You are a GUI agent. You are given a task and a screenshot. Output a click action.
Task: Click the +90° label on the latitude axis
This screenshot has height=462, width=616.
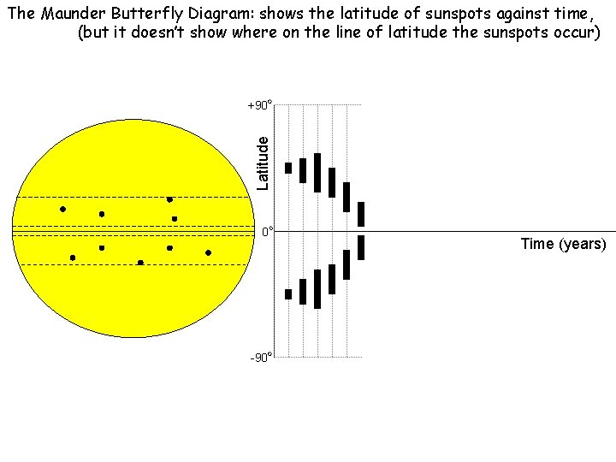pyautogui.click(x=259, y=106)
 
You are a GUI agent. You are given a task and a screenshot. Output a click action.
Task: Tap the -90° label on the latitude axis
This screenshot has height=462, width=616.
pyautogui.click(x=261, y=357)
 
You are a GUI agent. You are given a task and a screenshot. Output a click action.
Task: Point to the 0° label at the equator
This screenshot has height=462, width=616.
pyautogui.click(x=267, y=232)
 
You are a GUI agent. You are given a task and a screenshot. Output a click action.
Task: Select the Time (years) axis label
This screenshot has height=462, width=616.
pyautogui.click(x=563, y=244)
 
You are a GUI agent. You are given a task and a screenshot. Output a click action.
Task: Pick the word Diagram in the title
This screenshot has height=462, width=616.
pyautogui.click(x=220, y=13)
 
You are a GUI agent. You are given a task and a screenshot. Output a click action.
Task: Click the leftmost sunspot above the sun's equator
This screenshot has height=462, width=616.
pyautogui.click(x=62, y=209)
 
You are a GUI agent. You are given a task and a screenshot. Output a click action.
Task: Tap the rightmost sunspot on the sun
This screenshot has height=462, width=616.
pyautogui.click(x=208, y=253)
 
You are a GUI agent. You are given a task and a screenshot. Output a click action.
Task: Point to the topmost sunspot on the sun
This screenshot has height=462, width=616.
pyautogui.click(x=169, y=199)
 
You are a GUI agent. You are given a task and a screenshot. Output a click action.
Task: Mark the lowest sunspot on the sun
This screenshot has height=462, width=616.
pyautogui.click(x=140, y=262)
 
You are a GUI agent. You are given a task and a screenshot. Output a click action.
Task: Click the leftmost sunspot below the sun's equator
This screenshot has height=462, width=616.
pyautogui.click(x=73, y=258)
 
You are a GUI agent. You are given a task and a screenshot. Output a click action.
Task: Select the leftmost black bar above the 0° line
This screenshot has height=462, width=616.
pyautogui.click(x=288, y=168)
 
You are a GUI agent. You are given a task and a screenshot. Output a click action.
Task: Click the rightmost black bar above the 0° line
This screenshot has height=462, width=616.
pyautogui.click(x=361, y=214)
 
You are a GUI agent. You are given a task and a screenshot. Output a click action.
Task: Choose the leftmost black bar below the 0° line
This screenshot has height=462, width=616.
pyautogui.click(x=288, y=294)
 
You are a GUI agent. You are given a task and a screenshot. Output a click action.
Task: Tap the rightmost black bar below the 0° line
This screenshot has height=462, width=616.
pyautogui.click(x=361, y=247)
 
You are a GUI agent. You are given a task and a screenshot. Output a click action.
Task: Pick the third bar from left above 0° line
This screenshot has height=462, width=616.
pyautogui.click(x=317, y=173)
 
